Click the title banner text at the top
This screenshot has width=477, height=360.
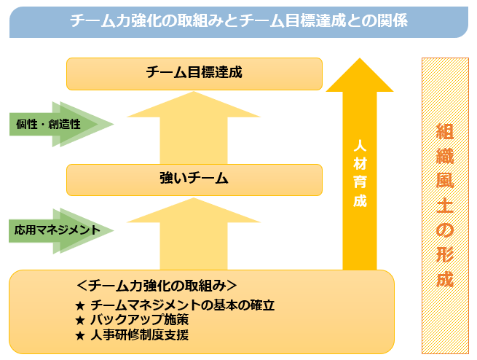coord(238,21)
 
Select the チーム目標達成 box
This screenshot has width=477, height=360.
coord(194,73)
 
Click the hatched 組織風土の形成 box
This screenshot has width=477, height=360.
coord(445,205)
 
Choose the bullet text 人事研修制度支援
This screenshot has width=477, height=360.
coord(138,334)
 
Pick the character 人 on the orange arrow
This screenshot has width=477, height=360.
coord(360,146)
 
